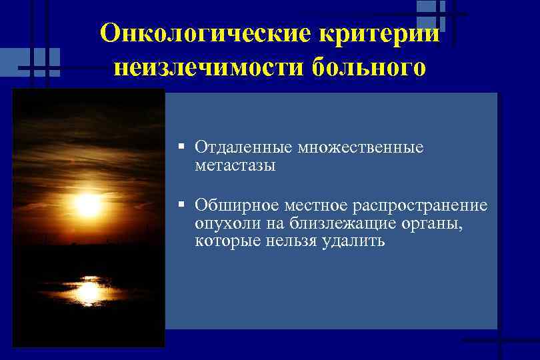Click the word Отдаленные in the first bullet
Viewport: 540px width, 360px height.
244,147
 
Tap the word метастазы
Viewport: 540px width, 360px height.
235,165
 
